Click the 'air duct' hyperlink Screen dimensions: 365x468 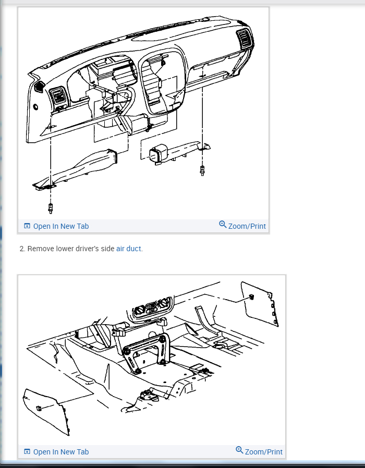[128, 249]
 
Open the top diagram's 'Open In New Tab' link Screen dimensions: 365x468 [61, 226]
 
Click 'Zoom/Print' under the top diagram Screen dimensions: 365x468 [247, 226]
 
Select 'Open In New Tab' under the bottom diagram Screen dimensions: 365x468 [61, 452]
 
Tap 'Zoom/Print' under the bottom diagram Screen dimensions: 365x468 [264, 452]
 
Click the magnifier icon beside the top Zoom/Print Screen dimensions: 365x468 [223, 225]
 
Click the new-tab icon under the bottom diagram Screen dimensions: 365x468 [27, 452]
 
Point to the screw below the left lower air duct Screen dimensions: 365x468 [51, 208]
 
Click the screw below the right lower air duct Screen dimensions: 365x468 [202, 171]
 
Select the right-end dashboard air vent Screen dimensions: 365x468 [245, 38]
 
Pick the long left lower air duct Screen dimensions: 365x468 [75, 169]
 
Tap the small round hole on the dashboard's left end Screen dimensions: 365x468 [35, 106]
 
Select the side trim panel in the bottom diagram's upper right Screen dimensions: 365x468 [259, 304]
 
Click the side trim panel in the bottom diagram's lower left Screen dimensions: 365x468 [46, 411]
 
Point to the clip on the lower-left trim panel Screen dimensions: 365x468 [39, 408]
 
